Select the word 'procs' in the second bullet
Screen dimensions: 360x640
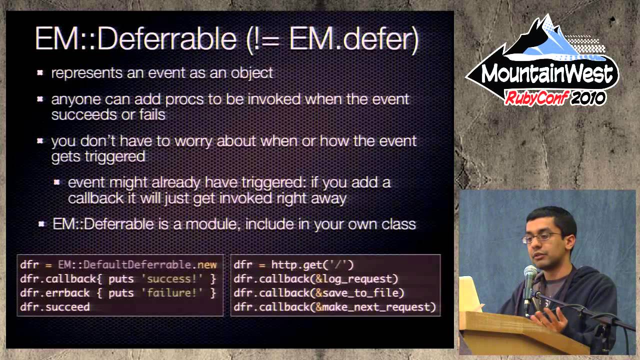tap(185, 99)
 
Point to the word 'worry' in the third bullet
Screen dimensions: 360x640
tap(197, 141)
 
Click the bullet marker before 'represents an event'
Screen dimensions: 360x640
tap(40, 73)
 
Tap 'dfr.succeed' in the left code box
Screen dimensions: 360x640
tap(55, 307)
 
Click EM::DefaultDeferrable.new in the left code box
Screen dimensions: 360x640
tap(137, 265)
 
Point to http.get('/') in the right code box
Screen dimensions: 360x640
tap(312, 265)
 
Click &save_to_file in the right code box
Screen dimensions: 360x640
tap(359, 293)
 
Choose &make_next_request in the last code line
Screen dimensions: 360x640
tap(375, 307)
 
